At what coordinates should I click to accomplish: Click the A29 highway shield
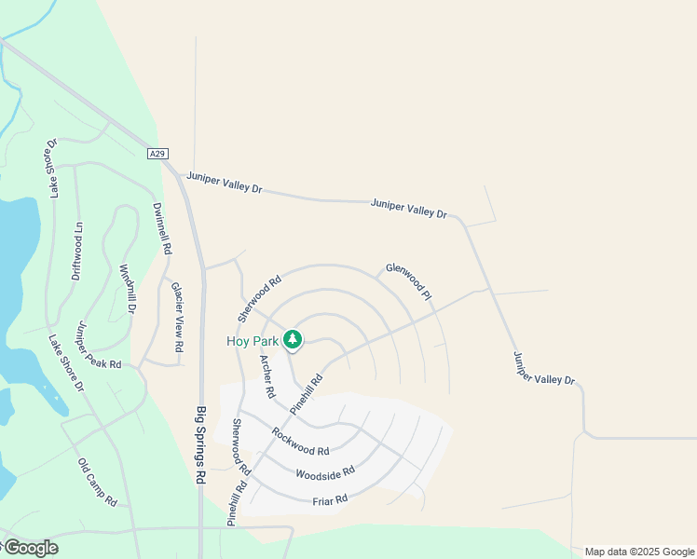(x=157, y=154)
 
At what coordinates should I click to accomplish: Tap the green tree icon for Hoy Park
(x=293, y=338)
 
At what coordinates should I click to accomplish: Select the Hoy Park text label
(x=252, y=341)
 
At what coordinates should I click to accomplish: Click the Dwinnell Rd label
(x=162, y=229)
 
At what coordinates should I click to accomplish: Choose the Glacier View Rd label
(x=177, y=317)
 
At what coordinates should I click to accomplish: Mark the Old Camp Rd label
(x=97, y=482)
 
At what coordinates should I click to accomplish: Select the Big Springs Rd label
(x=200, y=443)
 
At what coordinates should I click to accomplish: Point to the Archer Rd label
(x=267, y=377)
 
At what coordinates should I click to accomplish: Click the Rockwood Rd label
(x=300, y=442)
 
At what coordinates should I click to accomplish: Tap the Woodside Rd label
(x=325, y=473)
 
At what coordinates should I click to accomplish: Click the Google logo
(x=30, y=548)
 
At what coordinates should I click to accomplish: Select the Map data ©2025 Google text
(x=639, y=552)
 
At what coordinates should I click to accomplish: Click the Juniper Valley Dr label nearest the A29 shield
(x=225, y=182)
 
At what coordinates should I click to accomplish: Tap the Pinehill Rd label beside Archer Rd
(x=306, y=393)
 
